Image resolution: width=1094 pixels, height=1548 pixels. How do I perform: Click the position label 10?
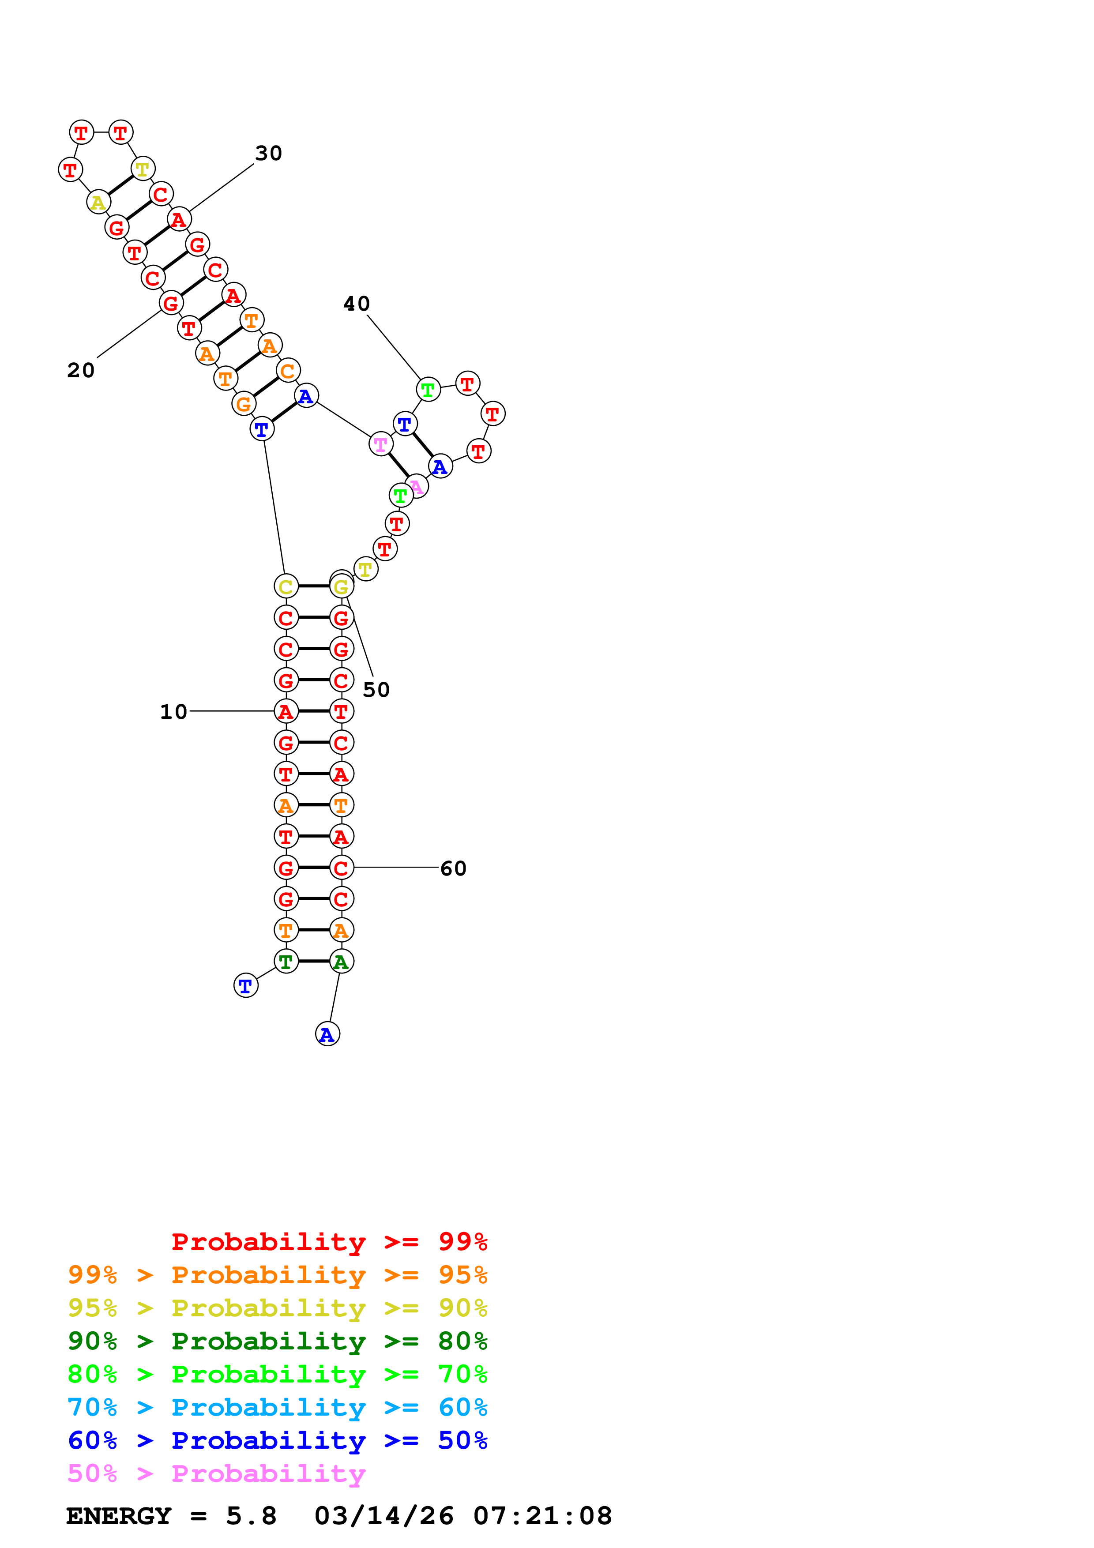coord(173,712)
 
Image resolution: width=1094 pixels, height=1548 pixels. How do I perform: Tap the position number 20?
coord(81,370)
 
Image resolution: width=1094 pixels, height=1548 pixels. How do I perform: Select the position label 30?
coord(268,153)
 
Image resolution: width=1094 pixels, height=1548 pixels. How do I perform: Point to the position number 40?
coord(357,304)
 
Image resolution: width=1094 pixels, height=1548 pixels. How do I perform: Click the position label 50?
coord(376,690)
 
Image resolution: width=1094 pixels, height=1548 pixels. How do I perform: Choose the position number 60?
coord(453,868)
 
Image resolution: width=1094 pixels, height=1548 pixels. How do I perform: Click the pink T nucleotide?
coord(381,444)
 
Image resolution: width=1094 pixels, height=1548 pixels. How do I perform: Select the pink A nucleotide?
coord(417,486)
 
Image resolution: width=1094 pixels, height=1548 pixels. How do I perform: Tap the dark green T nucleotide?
coord(286,962)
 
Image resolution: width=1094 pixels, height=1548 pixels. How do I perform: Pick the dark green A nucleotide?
coord(341,962)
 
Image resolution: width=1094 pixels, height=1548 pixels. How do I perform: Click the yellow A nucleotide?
coord(98,202)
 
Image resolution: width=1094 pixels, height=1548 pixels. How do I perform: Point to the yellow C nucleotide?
coord(286,586)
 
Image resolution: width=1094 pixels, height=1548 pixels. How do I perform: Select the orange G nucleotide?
coord(243,404)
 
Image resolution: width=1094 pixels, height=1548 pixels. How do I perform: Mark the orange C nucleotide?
coord(288,371)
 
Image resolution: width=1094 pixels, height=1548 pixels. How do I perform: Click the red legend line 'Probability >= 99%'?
coord(329,1242)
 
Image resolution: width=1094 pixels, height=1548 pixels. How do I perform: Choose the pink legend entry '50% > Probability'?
coord(216,1474)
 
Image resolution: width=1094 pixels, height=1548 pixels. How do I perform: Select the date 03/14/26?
coord(383,1516)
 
